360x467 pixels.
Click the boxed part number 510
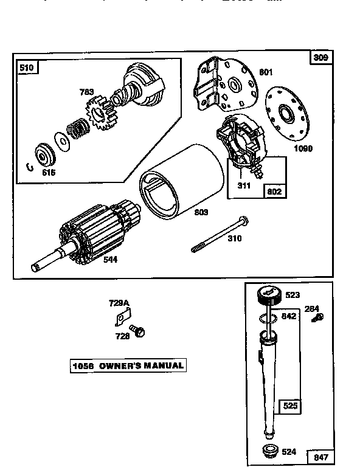[27, 67]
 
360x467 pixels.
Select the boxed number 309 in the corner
[321, 58]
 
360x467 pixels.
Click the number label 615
[48, 173]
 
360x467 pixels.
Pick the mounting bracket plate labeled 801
[222, 85]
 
